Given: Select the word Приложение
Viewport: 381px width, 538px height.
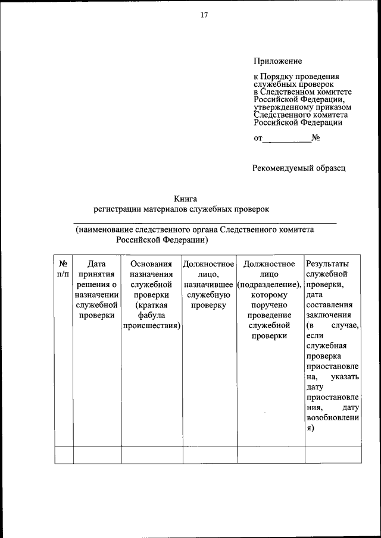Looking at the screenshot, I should (x=278, y=61).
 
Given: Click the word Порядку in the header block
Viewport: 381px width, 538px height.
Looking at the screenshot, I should (x=283, y=77).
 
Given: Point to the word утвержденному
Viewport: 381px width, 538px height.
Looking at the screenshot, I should (x=282, y=108).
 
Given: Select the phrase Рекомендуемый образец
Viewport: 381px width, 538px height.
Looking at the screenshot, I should (x=299, y=168).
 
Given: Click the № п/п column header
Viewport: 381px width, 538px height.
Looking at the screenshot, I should (x=63, y=269).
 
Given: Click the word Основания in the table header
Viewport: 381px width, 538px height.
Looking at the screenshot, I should (x=151, y=263).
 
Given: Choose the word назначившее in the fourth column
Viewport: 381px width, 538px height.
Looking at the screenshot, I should (x=209, y=284).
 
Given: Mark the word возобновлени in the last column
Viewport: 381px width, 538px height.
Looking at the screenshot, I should (x=333, y=419).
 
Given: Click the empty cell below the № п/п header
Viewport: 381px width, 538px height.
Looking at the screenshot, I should (x=63, y=454).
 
